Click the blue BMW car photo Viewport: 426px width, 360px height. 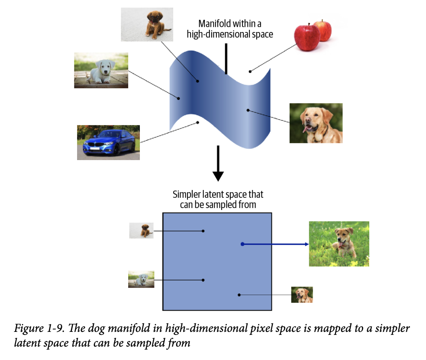point(108,142)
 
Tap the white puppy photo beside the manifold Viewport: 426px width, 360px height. point(101,71)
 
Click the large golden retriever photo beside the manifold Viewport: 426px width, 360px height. point(316,123)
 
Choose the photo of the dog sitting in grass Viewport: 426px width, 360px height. point(339,244)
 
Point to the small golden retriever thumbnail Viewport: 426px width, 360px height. point(302,295)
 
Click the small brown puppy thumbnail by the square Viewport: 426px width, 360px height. point(141,231)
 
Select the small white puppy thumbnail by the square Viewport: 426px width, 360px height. point(141,279)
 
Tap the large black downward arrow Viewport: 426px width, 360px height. point(218,164)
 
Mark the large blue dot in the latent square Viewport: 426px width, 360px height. point(242,244)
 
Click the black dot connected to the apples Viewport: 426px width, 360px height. point(250,71)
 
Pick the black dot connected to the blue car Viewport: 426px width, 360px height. point(198,122)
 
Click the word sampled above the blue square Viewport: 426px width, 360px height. point(225,204)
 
